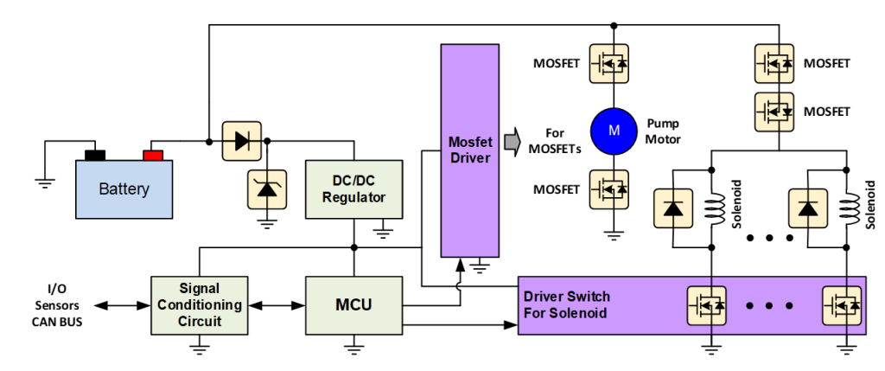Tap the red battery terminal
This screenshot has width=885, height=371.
(153, 156)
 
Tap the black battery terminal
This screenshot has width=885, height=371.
(94, 156)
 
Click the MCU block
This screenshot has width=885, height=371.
(354, 305)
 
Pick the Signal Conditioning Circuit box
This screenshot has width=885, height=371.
(199, 305)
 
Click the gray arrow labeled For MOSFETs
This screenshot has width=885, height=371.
(513, 138)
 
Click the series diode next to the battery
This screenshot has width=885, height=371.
(242, 139)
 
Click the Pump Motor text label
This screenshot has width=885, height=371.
(664, 131)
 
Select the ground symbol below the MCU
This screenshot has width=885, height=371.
(353, 349)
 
